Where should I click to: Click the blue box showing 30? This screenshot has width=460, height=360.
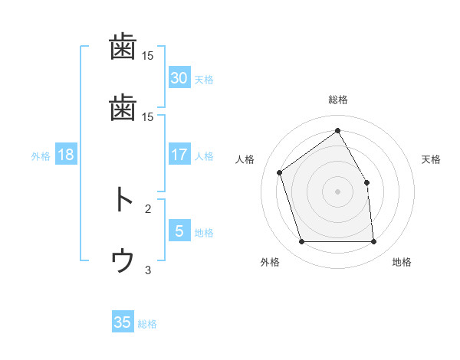pos(179,78)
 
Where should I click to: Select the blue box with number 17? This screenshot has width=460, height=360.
pos(179,155)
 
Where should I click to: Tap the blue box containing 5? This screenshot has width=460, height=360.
pos(179,231)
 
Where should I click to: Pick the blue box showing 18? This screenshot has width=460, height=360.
pos(66,155)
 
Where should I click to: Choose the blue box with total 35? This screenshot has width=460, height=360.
pos(123,322)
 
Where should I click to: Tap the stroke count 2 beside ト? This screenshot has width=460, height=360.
pos(148,208)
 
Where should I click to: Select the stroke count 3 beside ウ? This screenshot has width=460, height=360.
pos(148,270)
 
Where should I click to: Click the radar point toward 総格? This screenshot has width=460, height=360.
pos(337,131)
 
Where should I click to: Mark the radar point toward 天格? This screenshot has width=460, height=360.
pos(366,182)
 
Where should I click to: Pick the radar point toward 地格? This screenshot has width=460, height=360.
pos(373,242)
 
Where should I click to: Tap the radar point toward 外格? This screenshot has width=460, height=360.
pos(301,242)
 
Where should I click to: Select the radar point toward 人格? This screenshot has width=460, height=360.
pos(280,172)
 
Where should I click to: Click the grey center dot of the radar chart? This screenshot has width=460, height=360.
pos(337,191)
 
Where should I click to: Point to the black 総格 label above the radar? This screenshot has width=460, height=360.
pos(337,100)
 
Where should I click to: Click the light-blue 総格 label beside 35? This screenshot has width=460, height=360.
pos(147,324)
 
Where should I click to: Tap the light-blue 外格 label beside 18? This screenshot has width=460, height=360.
pos(41,156)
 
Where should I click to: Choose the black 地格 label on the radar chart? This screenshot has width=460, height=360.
pos(402,263)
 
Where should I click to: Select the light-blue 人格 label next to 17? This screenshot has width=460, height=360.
pos(204,156)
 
